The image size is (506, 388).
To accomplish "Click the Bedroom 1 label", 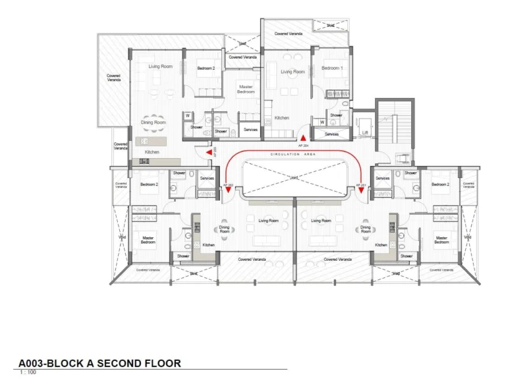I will tap(331, 68).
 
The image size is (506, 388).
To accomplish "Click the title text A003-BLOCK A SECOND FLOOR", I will tap(99, 363).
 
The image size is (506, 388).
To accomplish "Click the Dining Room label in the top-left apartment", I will tap(153, 123).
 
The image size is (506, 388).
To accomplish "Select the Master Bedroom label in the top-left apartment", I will tap(246, 89).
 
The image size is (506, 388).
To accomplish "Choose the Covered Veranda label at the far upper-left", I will tap(113, 78).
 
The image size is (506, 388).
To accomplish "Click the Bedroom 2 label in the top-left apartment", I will tap(206, 68).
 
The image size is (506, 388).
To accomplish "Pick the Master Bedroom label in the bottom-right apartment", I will tap(441, 240).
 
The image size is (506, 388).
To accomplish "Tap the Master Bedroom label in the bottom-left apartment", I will tap(148, 240).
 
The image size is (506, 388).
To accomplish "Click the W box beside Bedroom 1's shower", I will tap(322, 122).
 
